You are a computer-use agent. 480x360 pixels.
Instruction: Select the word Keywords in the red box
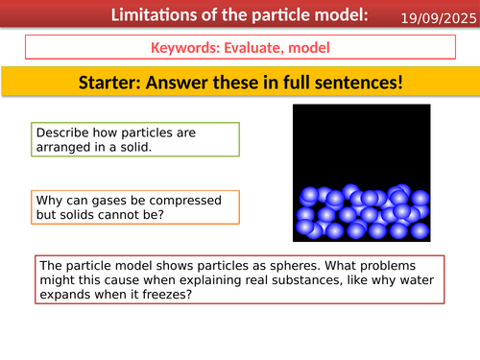point(185,48)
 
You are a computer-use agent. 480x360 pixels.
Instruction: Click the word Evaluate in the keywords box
point(255,48)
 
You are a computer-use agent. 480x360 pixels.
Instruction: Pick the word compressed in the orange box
point(182,201)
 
